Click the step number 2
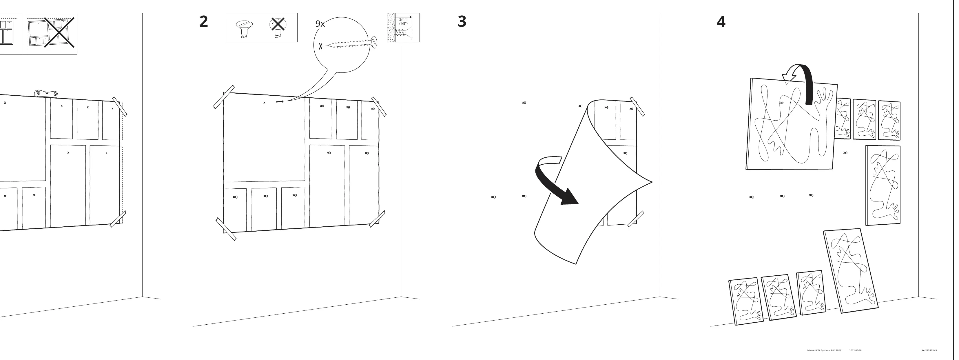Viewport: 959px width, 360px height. point(204,21)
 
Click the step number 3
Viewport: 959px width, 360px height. point(462,21)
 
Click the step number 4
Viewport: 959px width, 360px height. point(721,22)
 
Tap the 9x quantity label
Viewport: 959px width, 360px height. point(320,24)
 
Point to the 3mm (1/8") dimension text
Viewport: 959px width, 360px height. point(404,21)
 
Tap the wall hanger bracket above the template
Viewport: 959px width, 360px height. point(47,93)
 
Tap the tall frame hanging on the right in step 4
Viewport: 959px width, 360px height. point(883,185)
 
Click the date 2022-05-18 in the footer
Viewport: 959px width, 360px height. point(855,350)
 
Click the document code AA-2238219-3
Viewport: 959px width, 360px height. point(929,350)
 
